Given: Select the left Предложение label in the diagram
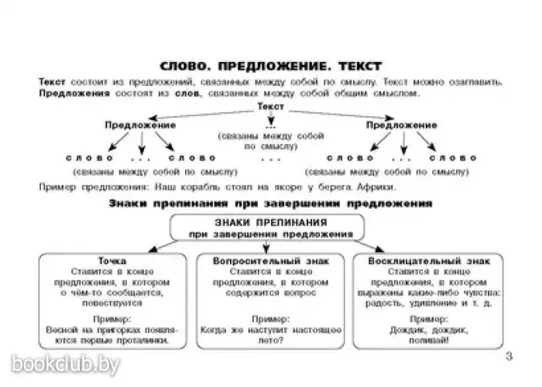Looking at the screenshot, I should (140, 124).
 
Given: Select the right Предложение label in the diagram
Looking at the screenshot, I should (401, 124).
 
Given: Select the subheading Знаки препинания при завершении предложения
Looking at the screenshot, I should (269, 204).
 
